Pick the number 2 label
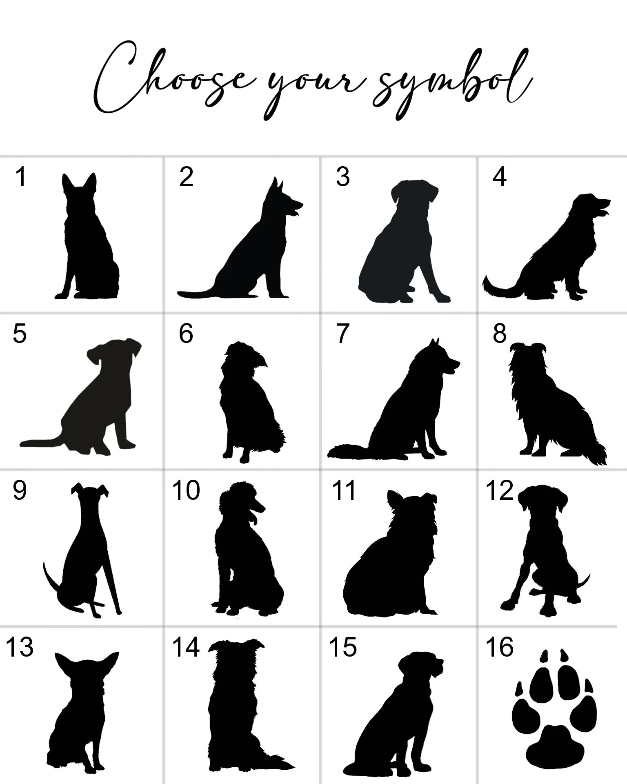[x=186, y=177]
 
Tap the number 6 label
[x=186, y=333]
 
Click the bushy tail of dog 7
[x=347, y=452]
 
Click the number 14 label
[x=186, y=647]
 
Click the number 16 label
[x=499, y=647]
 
